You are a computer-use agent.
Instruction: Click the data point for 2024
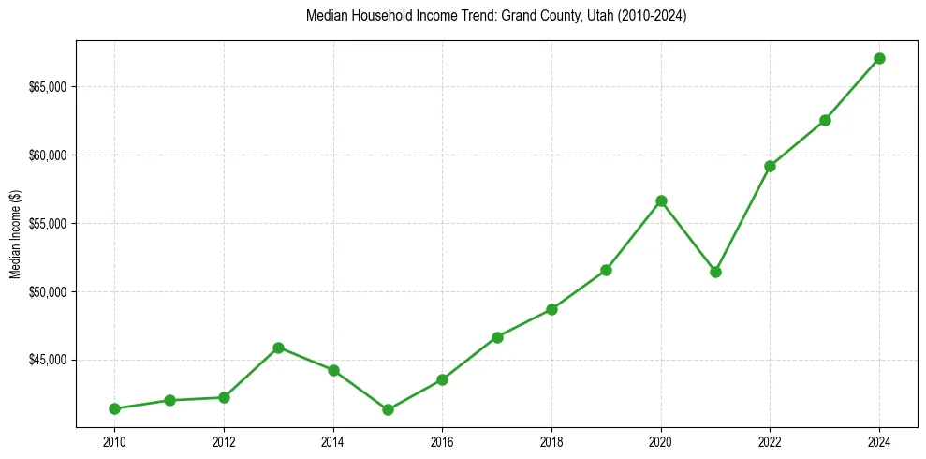(x=879, y=58)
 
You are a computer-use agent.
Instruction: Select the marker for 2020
(x=661, y=200)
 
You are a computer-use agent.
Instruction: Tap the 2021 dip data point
(x=715, y=272)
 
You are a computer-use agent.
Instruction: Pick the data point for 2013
(x=278, y=348)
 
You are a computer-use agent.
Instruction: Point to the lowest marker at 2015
(x=388, y=409)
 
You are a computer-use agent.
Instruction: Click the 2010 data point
(x=114, y=408)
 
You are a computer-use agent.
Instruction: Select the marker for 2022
(x=770, y=166)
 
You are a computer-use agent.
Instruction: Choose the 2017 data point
(x=497, y=337)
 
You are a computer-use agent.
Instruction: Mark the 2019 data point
(x=606, y=270)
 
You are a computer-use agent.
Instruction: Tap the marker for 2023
(x=825, y=120)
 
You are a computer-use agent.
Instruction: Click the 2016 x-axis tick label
(x=442, y=441)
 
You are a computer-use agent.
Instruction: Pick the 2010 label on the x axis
(x=114, y=441)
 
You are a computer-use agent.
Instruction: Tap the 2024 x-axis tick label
(x=879, y=441)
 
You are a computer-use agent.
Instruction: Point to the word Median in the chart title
(x=326, y=16)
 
